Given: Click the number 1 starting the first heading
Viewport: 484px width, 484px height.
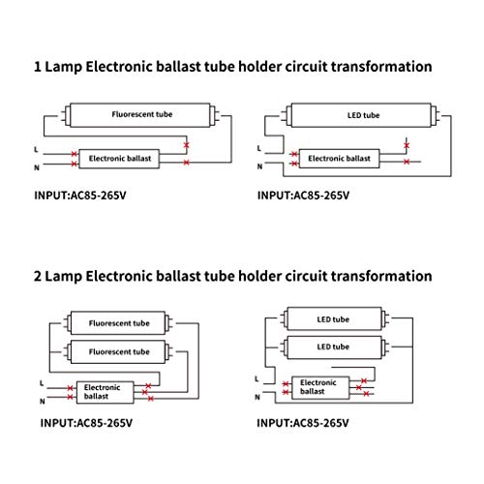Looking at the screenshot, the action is [38, 67].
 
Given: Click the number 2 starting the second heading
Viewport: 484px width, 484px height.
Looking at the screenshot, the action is [38, 276].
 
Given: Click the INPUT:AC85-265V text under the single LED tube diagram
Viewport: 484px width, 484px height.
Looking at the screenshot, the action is [303, 196].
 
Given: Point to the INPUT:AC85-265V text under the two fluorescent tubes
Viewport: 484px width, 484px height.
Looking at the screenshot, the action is [86, 423].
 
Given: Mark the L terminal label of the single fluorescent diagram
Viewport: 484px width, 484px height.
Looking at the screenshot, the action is [36, 150].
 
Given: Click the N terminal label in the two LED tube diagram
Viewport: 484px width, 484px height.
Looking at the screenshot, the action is [257, 397].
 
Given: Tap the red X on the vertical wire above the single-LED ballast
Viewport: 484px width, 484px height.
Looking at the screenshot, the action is [407, 145].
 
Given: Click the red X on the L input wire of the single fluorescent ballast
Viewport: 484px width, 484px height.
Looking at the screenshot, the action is [75, 154].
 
